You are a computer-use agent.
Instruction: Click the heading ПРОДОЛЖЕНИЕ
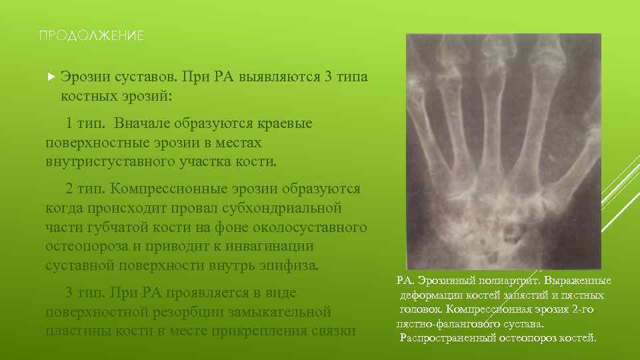[x=91, y=35]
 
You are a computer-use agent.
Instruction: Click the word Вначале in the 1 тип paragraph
[x=142, y=123]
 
